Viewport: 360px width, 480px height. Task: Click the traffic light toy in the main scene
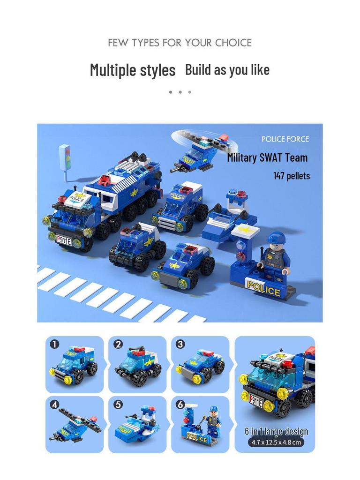tap(65, 157)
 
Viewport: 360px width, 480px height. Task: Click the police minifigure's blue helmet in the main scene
tap(276, 238)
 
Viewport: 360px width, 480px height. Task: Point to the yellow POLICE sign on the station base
tap(263, 288)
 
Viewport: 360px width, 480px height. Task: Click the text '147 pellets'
tap(292, 176)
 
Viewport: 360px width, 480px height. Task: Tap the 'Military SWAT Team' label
tap(267, 157)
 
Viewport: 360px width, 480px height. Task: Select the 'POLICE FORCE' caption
tap(285, 139)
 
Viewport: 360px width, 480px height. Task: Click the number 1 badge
tap(55, 345)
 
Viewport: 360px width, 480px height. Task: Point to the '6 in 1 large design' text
tap(276, 432)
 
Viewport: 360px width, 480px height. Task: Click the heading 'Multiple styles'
tap(133, 70)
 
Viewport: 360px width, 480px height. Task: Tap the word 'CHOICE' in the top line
tap(233, 43)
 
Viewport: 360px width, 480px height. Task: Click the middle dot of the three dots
tap(180, 92)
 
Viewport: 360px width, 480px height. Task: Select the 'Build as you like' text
tap(227, 70)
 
